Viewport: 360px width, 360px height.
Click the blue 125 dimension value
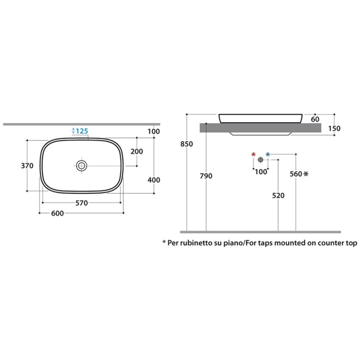click(x=82, y=131)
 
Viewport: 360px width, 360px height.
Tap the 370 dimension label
click(x=27, y=165)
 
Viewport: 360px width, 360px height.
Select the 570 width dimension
click(x=82, y=203)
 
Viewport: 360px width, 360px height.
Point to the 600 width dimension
click(x=57, y=213)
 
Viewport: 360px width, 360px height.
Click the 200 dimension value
click(x=137, y=151)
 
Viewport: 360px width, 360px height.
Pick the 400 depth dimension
click(x=154, y=180)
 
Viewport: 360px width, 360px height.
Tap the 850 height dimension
click(x=187, y=144)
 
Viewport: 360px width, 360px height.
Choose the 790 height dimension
click(x=206, y=176)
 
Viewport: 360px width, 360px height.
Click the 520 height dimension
click(x=278, y=196)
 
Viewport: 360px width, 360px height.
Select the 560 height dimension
click(x=296, y=174)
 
